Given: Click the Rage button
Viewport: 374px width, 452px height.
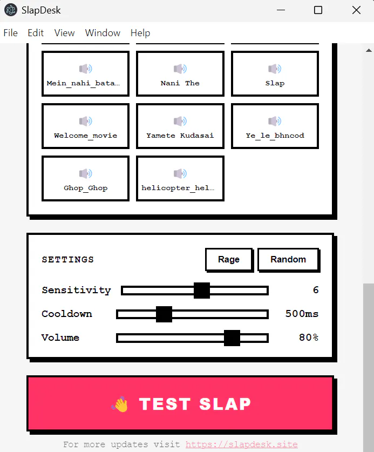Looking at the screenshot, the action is coord(229,259).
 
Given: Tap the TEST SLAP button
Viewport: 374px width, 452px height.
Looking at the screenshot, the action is coord(180,403).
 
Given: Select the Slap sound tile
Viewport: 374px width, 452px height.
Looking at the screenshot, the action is coord(275,73).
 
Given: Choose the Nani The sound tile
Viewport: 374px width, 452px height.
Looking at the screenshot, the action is coord(180,73).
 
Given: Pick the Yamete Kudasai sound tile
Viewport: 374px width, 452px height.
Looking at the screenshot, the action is coord(180,126).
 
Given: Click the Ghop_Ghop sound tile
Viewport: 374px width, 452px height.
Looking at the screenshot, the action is coord(86,178).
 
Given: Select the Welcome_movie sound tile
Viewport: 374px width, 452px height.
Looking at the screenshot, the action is coord(86,126).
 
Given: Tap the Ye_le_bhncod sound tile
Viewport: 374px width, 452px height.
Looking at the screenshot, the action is coord(275,126).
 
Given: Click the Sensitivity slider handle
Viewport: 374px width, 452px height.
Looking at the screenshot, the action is coord(202,291).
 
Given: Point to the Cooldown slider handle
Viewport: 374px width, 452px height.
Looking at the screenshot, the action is coord(164,314).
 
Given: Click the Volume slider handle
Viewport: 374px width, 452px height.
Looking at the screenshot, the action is coord(232,338).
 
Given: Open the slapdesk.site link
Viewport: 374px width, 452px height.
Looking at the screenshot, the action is coord(241,444).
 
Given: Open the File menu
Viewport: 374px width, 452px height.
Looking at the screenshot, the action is coord(11,33).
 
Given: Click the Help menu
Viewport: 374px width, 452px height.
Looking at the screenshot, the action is coord(140,33).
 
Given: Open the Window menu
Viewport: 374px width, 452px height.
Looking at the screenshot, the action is coord(103,33).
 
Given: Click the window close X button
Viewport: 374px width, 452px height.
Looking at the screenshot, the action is coord(356,10).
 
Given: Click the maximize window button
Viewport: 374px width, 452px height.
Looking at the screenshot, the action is coord(318,10).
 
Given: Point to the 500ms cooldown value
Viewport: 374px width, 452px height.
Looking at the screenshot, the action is coord(302,314).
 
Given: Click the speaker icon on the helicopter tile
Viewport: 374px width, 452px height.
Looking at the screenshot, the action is coord(180,173).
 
